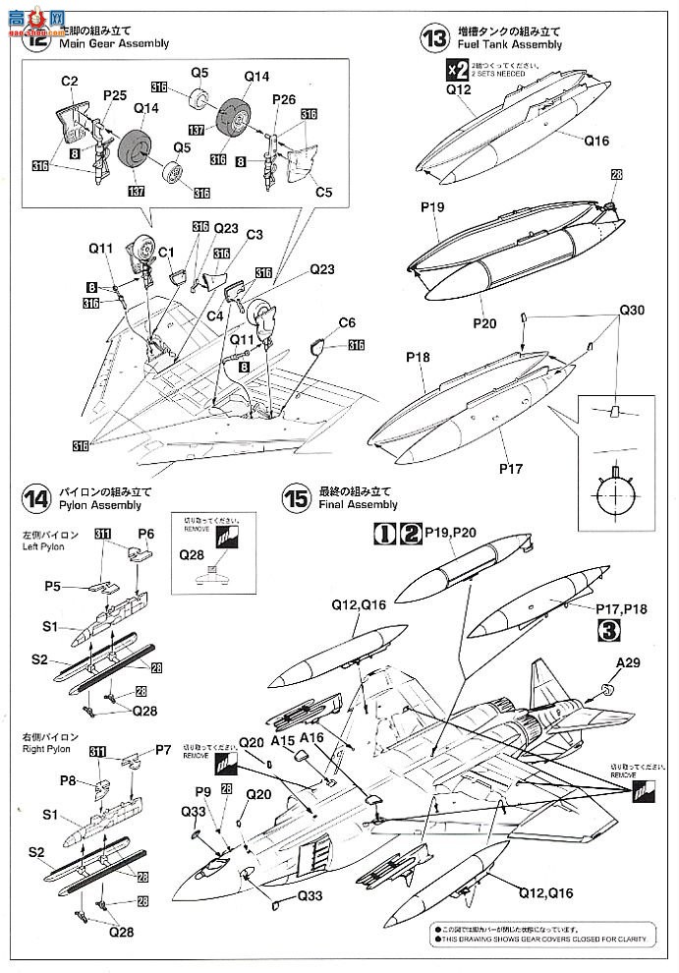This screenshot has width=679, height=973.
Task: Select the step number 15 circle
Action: click(295, 497)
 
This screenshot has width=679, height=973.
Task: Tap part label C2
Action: click(70, 80)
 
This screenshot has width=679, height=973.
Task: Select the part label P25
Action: click(116, 94)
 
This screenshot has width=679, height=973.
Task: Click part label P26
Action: click(283, 99)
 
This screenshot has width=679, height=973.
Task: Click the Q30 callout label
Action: click(632, 311)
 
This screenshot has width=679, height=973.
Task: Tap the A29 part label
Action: click(630, 662)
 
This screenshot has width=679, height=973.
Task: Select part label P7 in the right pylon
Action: click(163, 750)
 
